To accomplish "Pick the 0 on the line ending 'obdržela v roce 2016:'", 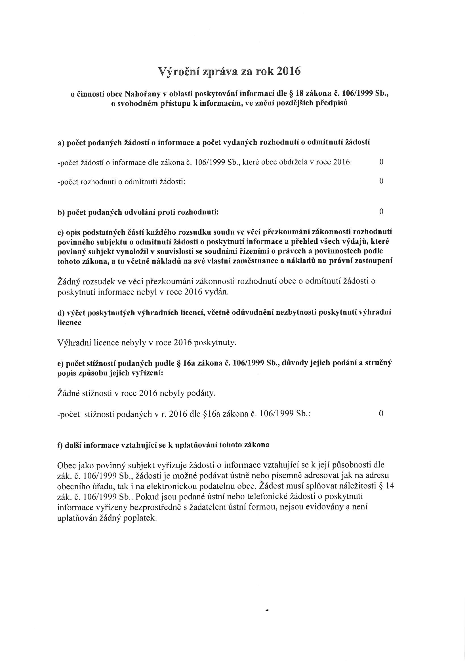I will click(x=381, y=162).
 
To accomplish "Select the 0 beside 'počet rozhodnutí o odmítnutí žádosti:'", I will click(x=381, y=181).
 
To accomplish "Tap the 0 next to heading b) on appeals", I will click(x=381, y=212).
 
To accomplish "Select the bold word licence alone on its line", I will click(x=69, y=323).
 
